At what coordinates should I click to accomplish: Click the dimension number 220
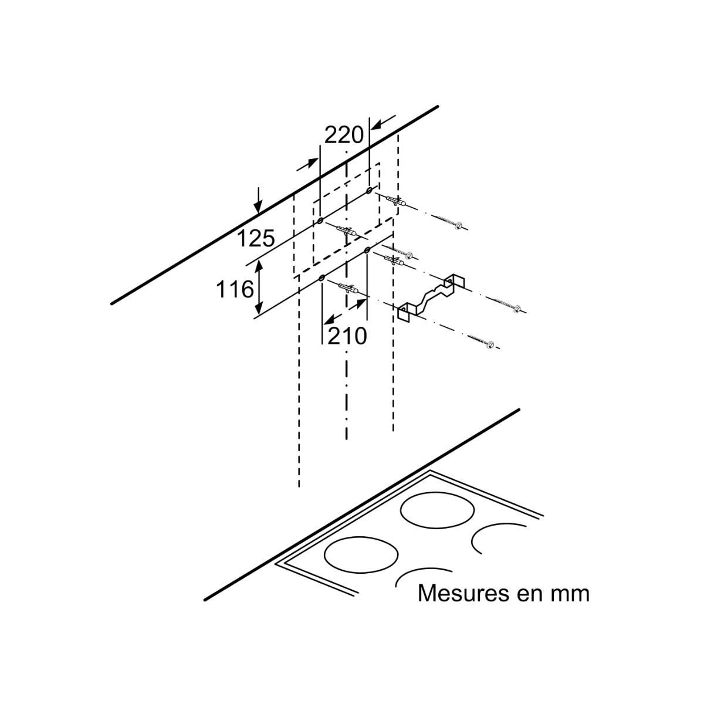pyautogui.click(x=344, y=136)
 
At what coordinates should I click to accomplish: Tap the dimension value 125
pyautogui.click(x=256, y=238)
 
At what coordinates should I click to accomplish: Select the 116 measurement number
pyautogui.click(x=235, y=289)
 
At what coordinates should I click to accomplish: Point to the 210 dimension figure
pyautogui.click(x=347, y=336)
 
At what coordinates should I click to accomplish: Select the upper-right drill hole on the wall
pyautogui.click(x=368, y=191)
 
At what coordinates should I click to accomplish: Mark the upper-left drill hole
pyautogui.click(x=320, y=220)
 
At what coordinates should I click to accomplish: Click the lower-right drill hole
pyautogui.click(x=367, y=251)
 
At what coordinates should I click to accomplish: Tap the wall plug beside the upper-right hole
pyautogui.click(x=395, y=201)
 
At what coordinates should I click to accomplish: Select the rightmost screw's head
pyautogui.click(x=517, y=309)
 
